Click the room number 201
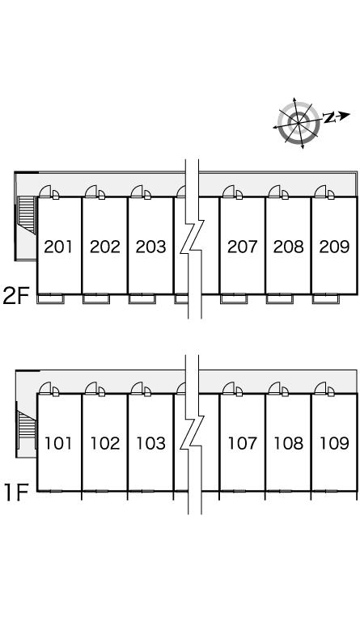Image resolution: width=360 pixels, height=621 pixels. (58, 247)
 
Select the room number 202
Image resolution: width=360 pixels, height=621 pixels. (104, 247)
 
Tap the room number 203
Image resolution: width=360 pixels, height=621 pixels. (150, 247)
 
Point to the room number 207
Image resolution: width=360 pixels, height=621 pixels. (242, 247)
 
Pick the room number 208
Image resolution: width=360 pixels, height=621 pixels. (288, 247)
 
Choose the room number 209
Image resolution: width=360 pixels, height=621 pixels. (334, 247)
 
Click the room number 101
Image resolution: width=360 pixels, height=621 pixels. (58, 443)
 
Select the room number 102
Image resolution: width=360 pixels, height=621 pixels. (104, 443)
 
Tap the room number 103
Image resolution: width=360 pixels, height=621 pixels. (150, 443)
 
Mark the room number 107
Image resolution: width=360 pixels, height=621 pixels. (242, 443)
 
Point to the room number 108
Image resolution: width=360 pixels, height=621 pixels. (288, 443)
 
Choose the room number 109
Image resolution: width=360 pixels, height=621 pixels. (334, 443)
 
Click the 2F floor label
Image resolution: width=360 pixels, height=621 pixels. (16, 296)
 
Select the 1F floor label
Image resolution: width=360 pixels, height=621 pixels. (16, 492)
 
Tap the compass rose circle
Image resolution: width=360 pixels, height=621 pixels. (299, 122)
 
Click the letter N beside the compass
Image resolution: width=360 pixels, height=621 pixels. (329, 117)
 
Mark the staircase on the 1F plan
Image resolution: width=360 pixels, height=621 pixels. (26, 429)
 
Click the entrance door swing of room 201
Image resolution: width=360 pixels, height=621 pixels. (44, 191)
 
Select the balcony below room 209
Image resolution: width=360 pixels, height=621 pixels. (325, 299)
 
